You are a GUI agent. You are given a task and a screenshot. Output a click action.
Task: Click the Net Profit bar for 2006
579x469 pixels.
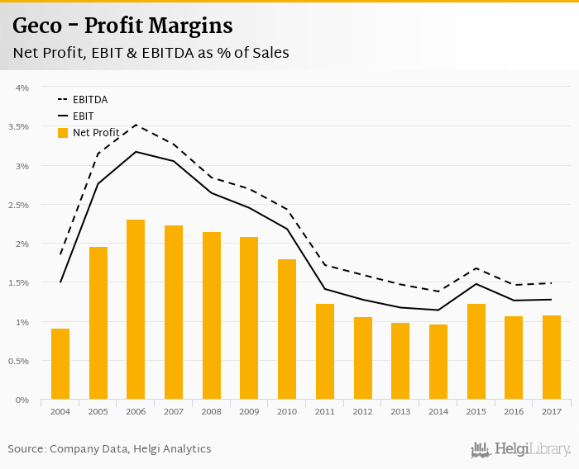point(136,310)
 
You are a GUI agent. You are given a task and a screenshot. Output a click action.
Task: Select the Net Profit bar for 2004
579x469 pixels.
point(60,364)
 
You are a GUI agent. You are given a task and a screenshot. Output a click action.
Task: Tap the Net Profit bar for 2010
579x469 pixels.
point(287,329)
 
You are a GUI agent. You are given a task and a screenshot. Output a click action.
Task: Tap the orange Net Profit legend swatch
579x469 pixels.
point(62,132)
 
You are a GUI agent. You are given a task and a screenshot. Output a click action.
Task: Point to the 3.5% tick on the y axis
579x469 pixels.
point(18,126)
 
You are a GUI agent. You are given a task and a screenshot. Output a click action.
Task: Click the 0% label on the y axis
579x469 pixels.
point(22,400)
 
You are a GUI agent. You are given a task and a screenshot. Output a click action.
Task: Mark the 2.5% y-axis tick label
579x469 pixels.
point(18,205)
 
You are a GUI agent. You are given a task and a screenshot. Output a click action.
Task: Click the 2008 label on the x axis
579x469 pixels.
point(211,411)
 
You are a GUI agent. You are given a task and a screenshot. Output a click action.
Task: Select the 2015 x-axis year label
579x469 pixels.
point(476,411)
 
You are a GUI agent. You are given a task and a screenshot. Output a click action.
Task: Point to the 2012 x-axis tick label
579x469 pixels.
point(362,411)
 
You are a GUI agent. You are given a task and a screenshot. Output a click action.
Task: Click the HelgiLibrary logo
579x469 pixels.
point(521,449)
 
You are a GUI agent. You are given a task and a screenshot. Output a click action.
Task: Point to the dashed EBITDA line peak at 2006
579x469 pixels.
point(136,125)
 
